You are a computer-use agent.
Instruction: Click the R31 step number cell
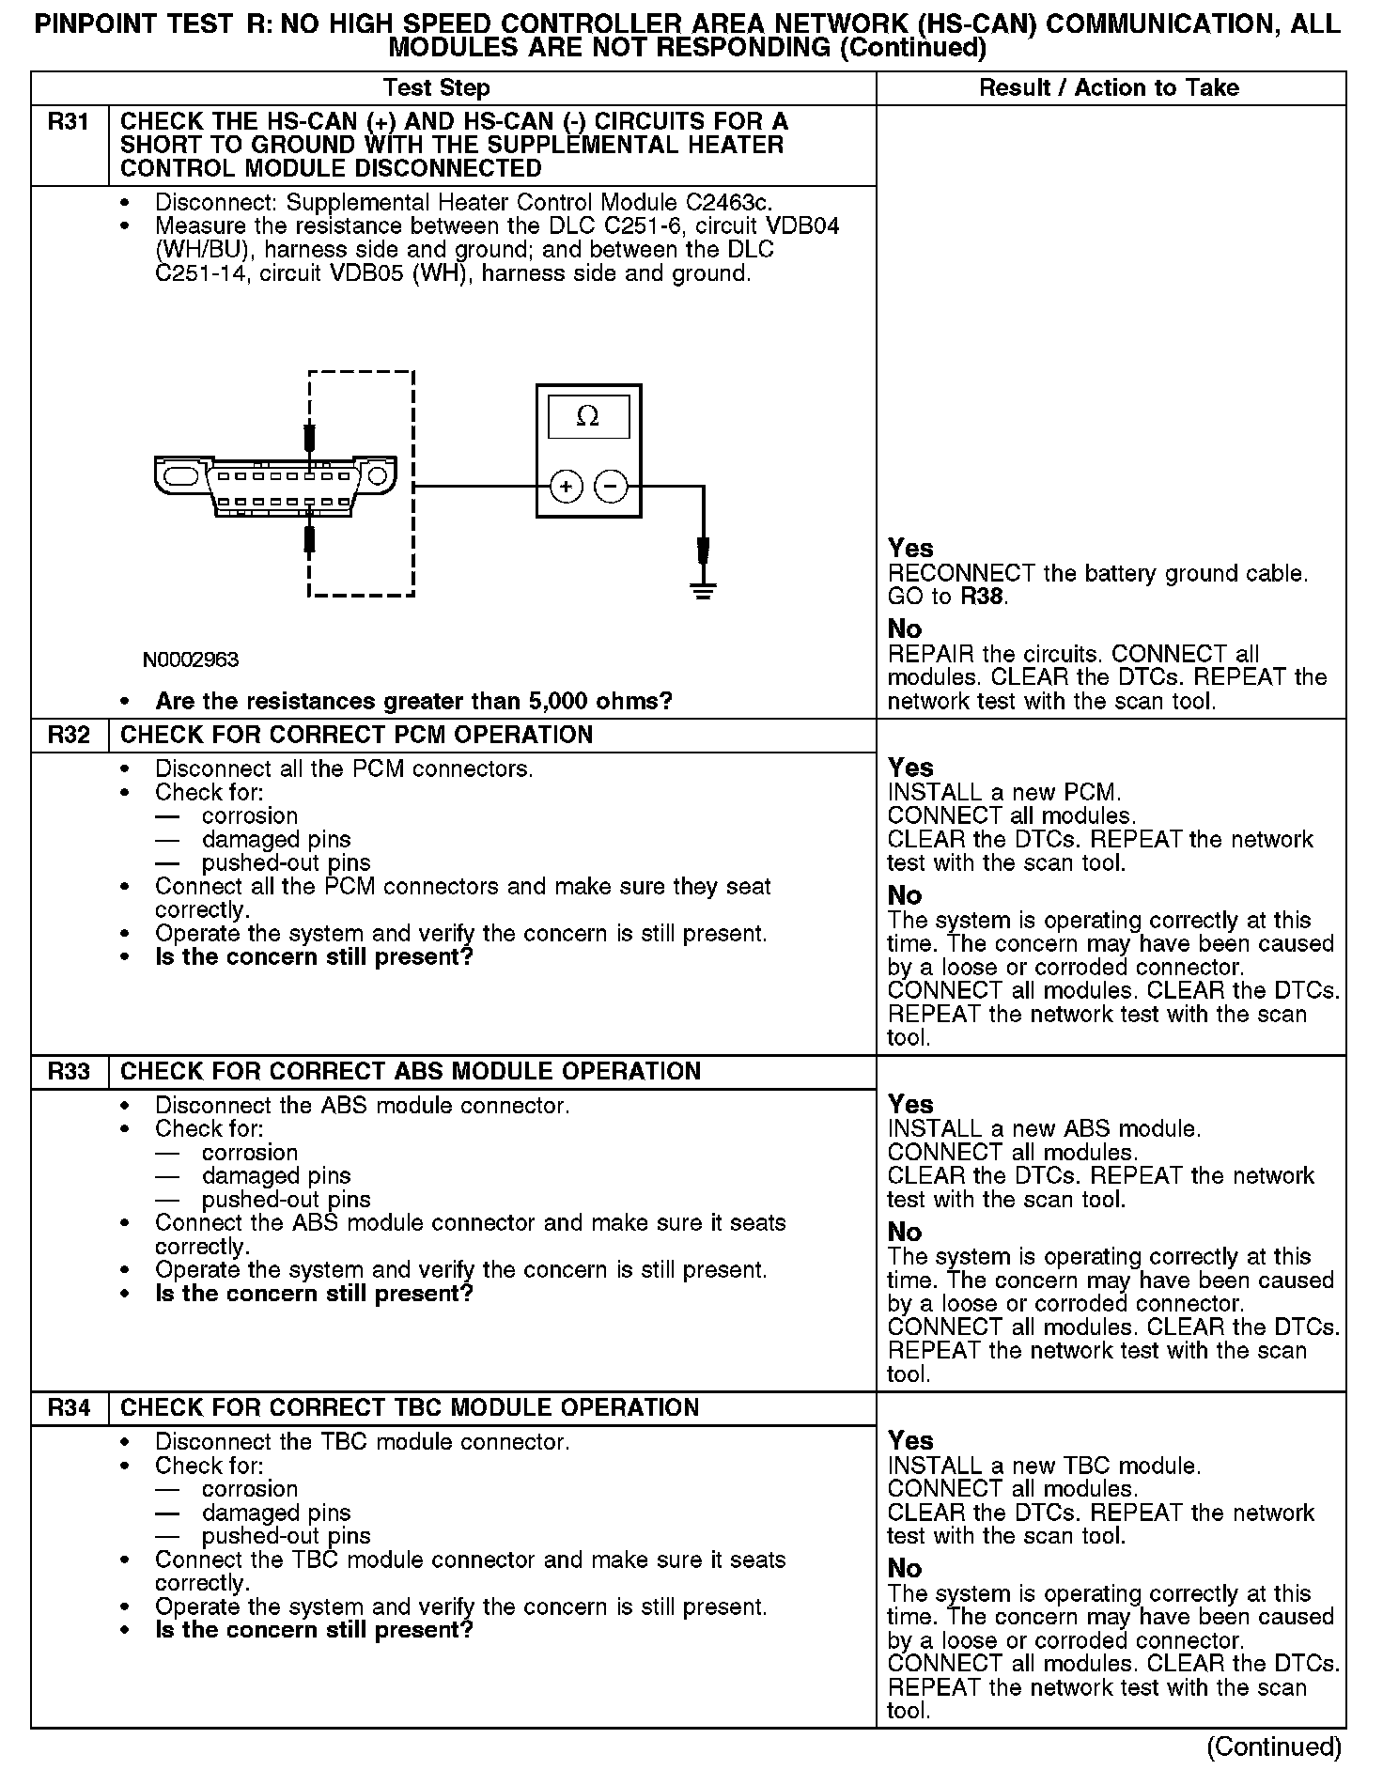(69, 121)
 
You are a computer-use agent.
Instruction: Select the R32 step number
(69, 735)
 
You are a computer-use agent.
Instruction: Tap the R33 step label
(69, 1071)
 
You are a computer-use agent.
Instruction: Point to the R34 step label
(69, 1407)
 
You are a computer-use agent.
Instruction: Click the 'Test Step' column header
(436, 88)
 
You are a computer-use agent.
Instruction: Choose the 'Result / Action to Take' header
(1109, 88)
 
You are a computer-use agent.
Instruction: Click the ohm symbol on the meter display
(588, 416)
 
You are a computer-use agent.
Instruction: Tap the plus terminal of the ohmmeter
(566, 487)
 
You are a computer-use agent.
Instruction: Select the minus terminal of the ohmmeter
(612, 487)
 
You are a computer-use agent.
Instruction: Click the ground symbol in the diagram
(702, 589)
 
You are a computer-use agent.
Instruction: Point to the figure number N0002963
(191, 660)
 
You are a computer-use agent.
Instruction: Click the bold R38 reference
(983, 597)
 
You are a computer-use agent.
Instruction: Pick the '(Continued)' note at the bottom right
(1274, 1746)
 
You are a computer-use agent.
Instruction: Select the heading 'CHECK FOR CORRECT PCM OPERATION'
(357, 735)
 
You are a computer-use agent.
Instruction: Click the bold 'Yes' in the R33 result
(910, 1104)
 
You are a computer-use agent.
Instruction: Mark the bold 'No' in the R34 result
(905, 1568)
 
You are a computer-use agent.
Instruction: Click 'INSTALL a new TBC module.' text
(1044, 1466)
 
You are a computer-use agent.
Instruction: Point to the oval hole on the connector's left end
(179, 476)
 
